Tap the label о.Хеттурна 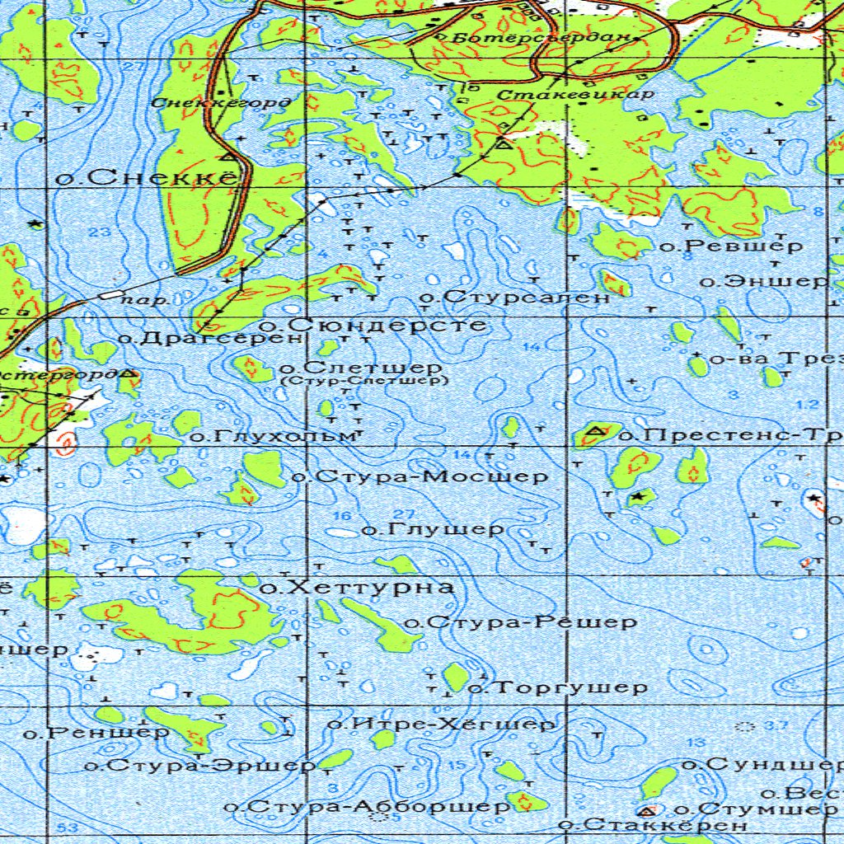click(x=356, y=588)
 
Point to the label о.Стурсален click(x=515, y=297)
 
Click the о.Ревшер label click(x=731, y=246)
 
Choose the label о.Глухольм click(x=277, y=435)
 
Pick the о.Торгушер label click(x=558, y=687)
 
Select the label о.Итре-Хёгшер click(x=442, y=724)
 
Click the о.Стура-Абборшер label click(x=368, y=806)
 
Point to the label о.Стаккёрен click(x=653, y=824)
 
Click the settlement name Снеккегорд click(x=222, y=103)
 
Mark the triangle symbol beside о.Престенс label click(x=593, y=432)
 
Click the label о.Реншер click(x=96, y=731)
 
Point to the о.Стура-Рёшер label click(x=520, y=622)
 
